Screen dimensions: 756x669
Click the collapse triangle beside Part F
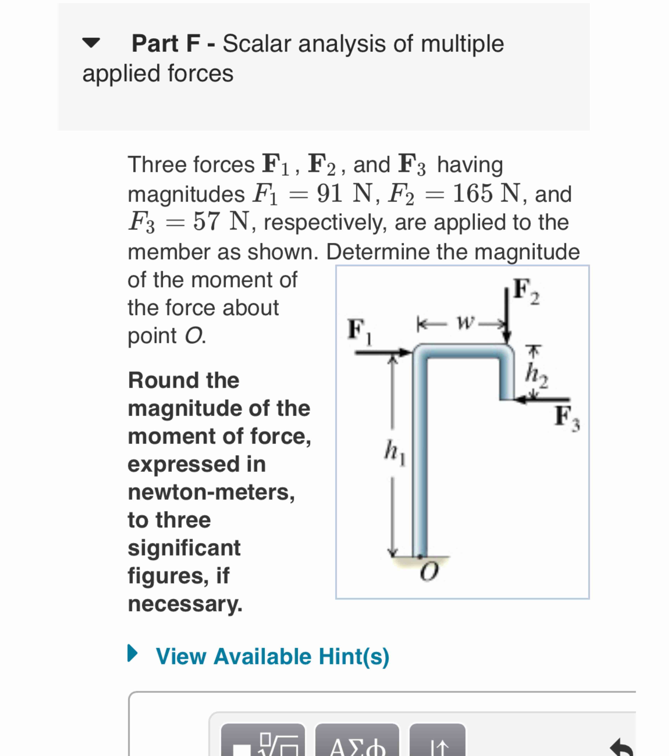coord(91,43)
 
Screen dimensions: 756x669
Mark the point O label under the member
coord(429,572)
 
